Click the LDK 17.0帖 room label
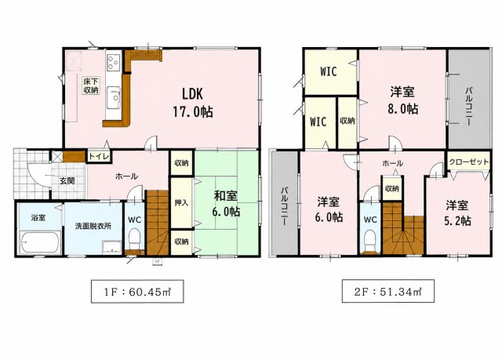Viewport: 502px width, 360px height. point(193,103)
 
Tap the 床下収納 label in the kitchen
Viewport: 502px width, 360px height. point(91,85)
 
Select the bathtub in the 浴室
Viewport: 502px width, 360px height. point(40,242)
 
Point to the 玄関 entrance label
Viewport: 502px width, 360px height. point(67,181)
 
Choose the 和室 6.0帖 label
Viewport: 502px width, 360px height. point(226,203)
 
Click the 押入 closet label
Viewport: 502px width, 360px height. point(181,202)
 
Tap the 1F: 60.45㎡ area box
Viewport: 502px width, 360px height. point(137,291)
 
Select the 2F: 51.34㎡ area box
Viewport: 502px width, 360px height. point(388,291)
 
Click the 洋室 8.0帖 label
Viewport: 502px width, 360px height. point(402,100)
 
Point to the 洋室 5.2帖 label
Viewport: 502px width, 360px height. point(457,213)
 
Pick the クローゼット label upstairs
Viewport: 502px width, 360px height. point(469,162)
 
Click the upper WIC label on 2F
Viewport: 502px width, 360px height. point(329,71)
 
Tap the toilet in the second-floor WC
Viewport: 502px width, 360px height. point(370,241)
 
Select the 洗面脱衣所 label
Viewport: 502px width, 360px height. point(93,226)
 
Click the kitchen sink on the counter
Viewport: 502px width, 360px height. point(113,97)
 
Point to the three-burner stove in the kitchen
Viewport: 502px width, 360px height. point(113,62)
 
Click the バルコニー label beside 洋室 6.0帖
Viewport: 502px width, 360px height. point(285,206)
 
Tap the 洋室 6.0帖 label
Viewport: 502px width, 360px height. point(329,210)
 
